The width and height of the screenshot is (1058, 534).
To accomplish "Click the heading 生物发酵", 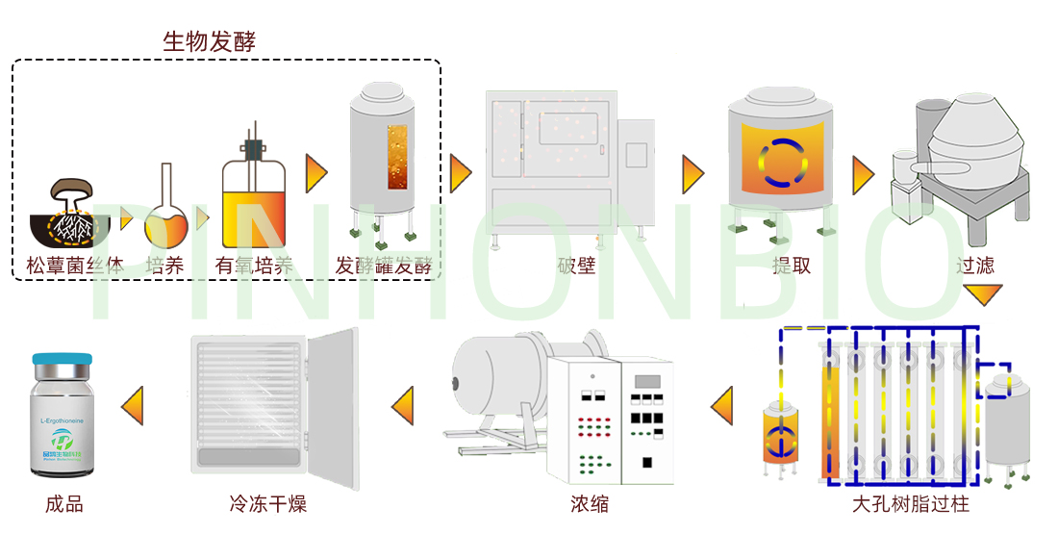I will click(209, 41).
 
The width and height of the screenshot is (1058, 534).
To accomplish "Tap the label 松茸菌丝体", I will click(75, 266).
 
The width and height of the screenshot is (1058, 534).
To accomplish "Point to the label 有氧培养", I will click(254, 266).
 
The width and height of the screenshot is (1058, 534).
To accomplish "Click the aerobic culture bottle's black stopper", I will click(254, 149).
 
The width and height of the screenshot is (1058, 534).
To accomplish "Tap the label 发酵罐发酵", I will click(384, 266).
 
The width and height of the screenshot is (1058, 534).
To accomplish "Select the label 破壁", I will click(576, 266).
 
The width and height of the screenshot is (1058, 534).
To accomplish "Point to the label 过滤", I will click(974, 266).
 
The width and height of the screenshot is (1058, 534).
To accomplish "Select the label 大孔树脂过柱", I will click(911, 503).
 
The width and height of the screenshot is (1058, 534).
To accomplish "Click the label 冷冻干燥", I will click(268, 503).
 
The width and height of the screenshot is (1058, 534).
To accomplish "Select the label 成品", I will click(63, 503).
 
